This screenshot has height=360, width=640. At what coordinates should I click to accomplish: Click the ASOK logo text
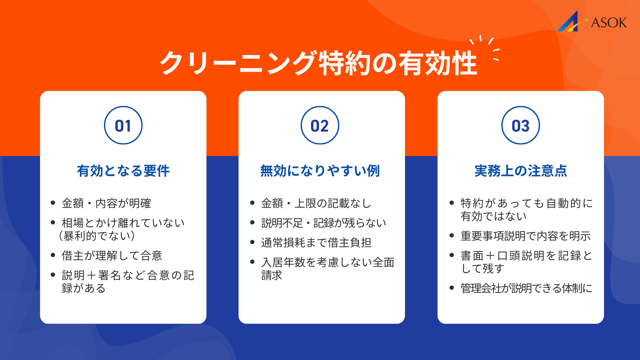[x=609, y=23]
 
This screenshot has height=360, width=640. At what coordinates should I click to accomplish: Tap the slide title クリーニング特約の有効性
[x=318, y=63]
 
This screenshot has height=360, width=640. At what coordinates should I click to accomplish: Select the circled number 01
[x=123, y=126]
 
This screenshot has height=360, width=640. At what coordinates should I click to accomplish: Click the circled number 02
[x=320, y=126]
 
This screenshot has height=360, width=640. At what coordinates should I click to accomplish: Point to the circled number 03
[x=520, y=126]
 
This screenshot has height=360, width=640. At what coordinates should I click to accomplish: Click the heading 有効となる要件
[x=123, y=171]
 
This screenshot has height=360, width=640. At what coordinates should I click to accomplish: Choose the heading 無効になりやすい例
[x=320, y=171]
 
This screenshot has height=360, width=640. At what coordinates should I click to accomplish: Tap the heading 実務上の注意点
[x=520, y=171]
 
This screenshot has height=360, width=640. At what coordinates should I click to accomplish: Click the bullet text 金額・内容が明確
[x=106, y=203]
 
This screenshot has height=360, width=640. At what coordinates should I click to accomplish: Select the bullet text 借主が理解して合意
[x=112, y=256]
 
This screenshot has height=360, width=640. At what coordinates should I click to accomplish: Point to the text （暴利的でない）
[x=97, y=236]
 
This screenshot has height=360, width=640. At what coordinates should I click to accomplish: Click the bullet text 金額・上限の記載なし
[x=316, y=203]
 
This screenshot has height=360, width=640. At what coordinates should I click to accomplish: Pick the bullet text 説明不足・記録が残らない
[x=324, y=223]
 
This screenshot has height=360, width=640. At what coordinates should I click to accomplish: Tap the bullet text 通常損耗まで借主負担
[x=316, y=242]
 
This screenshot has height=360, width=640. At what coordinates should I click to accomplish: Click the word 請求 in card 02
[x=272, y=275]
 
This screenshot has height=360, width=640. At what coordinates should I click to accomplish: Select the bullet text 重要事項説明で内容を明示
[x=525, y=236]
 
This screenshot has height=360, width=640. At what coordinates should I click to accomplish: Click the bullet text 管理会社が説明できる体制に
[x=526, y=288]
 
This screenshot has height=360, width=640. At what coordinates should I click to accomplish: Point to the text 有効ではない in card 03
[x=493, y=216]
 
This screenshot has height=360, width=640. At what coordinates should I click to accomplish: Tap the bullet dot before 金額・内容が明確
[x=53, y=203]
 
